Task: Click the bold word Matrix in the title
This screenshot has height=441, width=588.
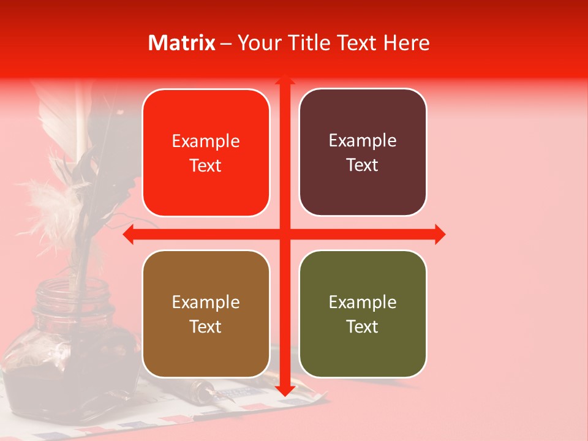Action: pyautogui.click(x=182, y=43)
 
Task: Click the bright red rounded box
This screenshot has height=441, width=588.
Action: pyautogui.click(x=206, y=153)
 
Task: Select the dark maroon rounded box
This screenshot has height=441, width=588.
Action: pyautogui.click(x=363, y=153)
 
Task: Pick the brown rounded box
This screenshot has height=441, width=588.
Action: pyautogui.click(x=206, y=314)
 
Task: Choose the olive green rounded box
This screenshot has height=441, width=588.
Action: pyautogui.click(x=363, y=314)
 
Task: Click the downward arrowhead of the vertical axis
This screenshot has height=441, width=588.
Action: pyautogui.click(x=284, y=390)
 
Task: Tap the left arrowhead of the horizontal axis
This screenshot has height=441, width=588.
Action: pyautogui.click(x=129, y=234)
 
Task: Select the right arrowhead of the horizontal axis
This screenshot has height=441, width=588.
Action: pyautogui.click(x=439, y=234)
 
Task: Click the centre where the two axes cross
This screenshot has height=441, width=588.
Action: pyautogui.click(x=284, y=234)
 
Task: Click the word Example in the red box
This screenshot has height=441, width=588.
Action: pyautogui.click(x=206, y=141)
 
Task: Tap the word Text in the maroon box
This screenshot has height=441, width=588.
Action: pyautogui.click(x=363, y=165)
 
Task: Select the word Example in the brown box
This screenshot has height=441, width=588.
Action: pyautogui.click(x=206, y=303)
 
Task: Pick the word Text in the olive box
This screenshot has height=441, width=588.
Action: pyautogui.click(x=363, y=327)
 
